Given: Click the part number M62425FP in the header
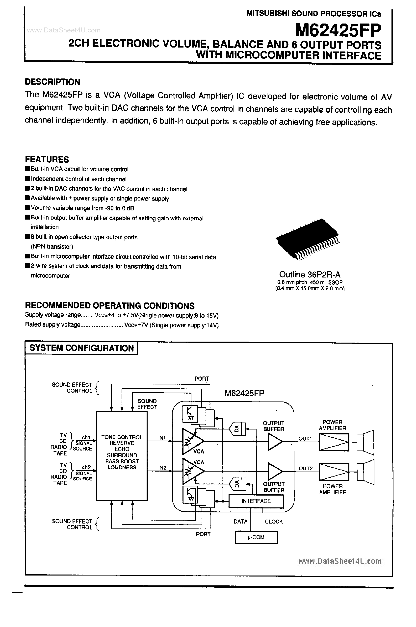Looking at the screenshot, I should click(338, 30).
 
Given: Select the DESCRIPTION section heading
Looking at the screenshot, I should click(52, 82).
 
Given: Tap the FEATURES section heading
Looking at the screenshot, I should click(47, 159).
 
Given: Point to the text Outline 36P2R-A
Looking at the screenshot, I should click(310, 274).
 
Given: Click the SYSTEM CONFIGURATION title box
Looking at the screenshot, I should click(81, 348).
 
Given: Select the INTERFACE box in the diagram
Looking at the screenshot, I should click(256, 501).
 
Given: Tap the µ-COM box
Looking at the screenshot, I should click(256, 537).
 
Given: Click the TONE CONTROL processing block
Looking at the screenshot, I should click(122, 456).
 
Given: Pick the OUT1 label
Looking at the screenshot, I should click(305, 439).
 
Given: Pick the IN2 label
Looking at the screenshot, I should click(162, 468).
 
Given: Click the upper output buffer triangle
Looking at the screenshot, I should click(275, 442).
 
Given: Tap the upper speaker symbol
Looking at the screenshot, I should click(365, 442).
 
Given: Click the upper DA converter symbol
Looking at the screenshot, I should click(237, 428).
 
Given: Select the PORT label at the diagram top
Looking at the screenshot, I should click(202, 379).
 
